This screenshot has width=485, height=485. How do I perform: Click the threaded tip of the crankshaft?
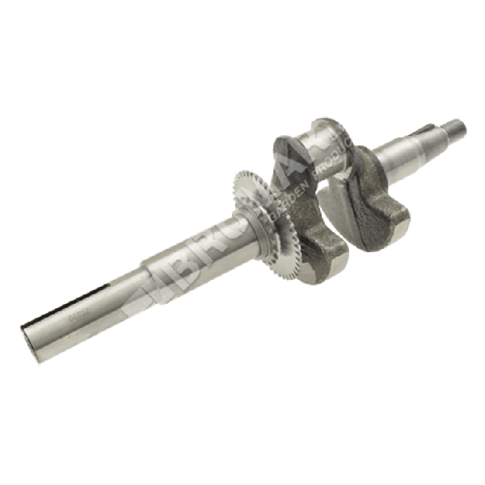(x=455, y=128)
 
